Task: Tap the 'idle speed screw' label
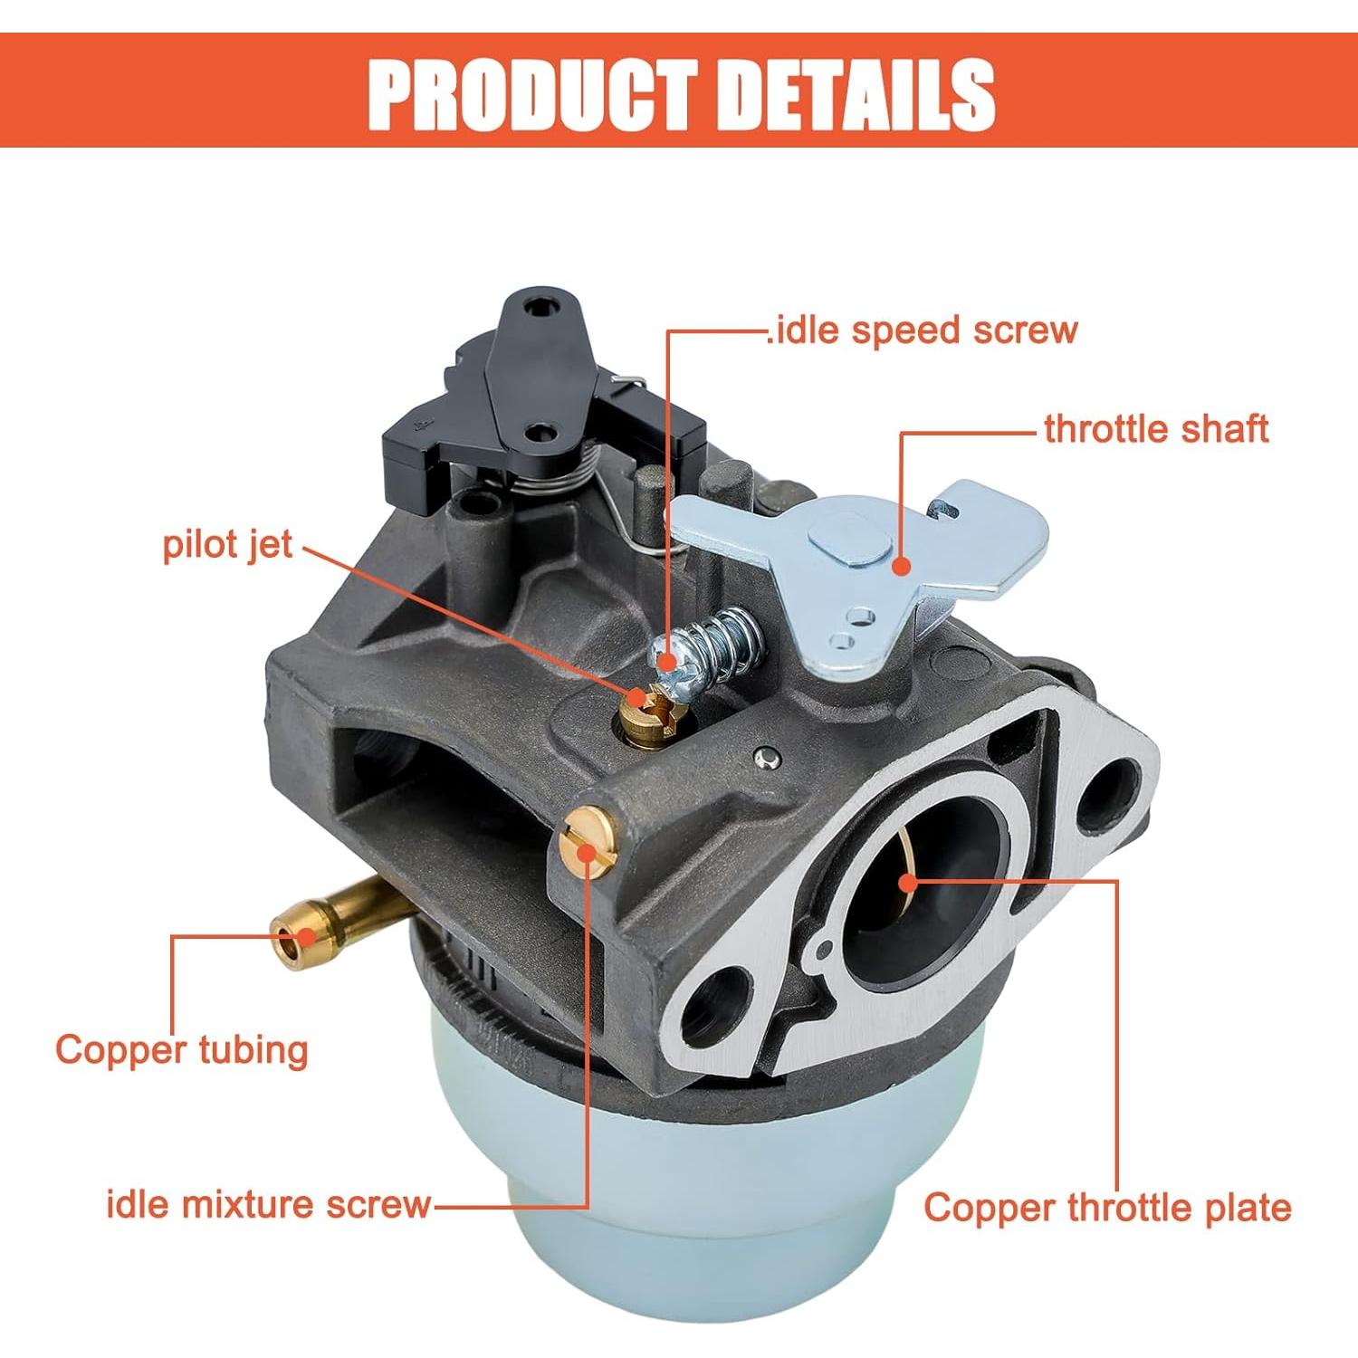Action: [x=923, y=330]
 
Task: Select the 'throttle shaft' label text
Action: [x=1156, y=428]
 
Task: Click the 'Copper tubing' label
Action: [x=181, y=1050]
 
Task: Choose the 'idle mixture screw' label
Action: [x=269, y=1204]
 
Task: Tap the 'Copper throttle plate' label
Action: [x=1107, y=1208]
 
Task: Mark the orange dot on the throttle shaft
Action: [x=900, y=567]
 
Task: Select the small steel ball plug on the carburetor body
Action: [x=767, y=758]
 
